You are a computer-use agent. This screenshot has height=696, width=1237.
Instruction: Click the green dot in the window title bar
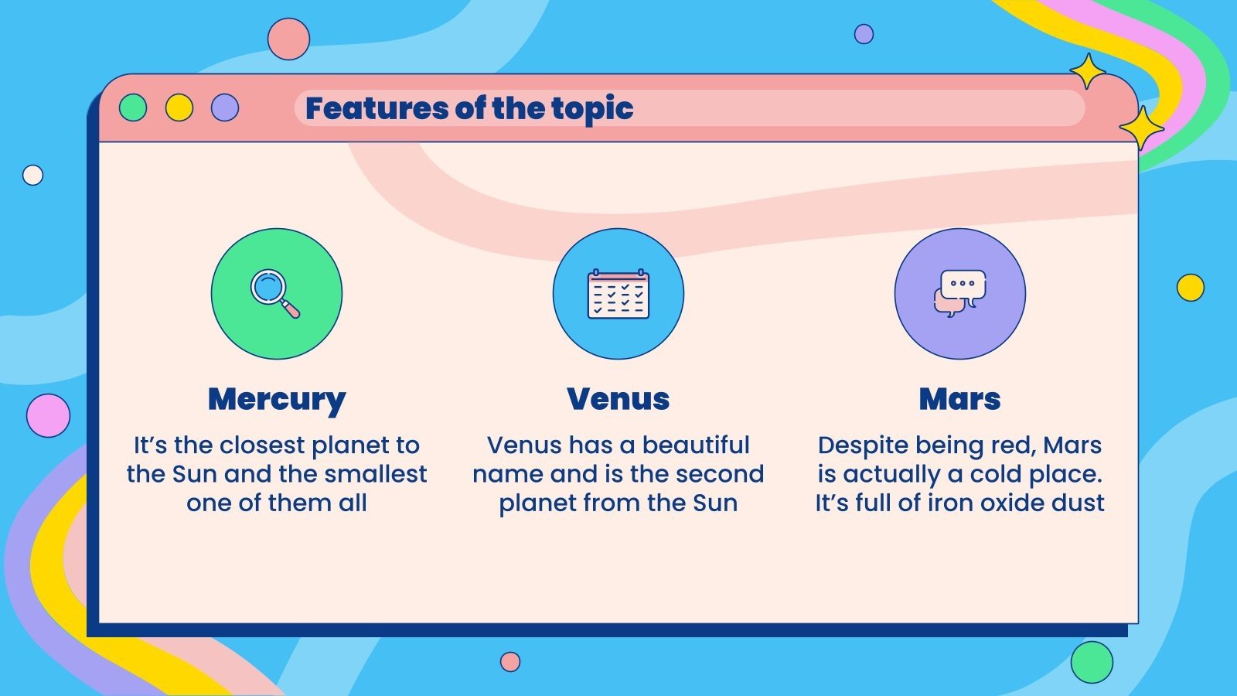(133, 107)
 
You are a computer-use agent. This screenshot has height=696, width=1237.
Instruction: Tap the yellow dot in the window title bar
(179, 107)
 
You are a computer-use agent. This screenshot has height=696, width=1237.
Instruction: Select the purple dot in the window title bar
(225, 107)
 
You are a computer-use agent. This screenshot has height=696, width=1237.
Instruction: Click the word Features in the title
(377, 108)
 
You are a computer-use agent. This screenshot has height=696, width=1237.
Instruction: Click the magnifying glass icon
(275, 294)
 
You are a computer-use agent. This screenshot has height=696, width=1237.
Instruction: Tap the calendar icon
(618, 294)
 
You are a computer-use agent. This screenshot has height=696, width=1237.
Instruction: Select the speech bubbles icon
(959, 293)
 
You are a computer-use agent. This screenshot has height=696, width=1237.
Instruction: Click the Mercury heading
(277, 400)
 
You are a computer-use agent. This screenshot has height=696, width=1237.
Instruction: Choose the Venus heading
(618, 399)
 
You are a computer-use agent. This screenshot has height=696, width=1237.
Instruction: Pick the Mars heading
(959, 399)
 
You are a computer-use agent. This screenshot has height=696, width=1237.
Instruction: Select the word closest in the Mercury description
(262, 445)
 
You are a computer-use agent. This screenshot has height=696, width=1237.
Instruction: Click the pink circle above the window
(289, 39)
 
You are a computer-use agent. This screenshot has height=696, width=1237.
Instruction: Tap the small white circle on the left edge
(32, 175)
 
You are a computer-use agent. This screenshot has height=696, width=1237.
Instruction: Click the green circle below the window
(1092, 662)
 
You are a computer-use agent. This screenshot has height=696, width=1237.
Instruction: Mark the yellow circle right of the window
(1190, 287)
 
